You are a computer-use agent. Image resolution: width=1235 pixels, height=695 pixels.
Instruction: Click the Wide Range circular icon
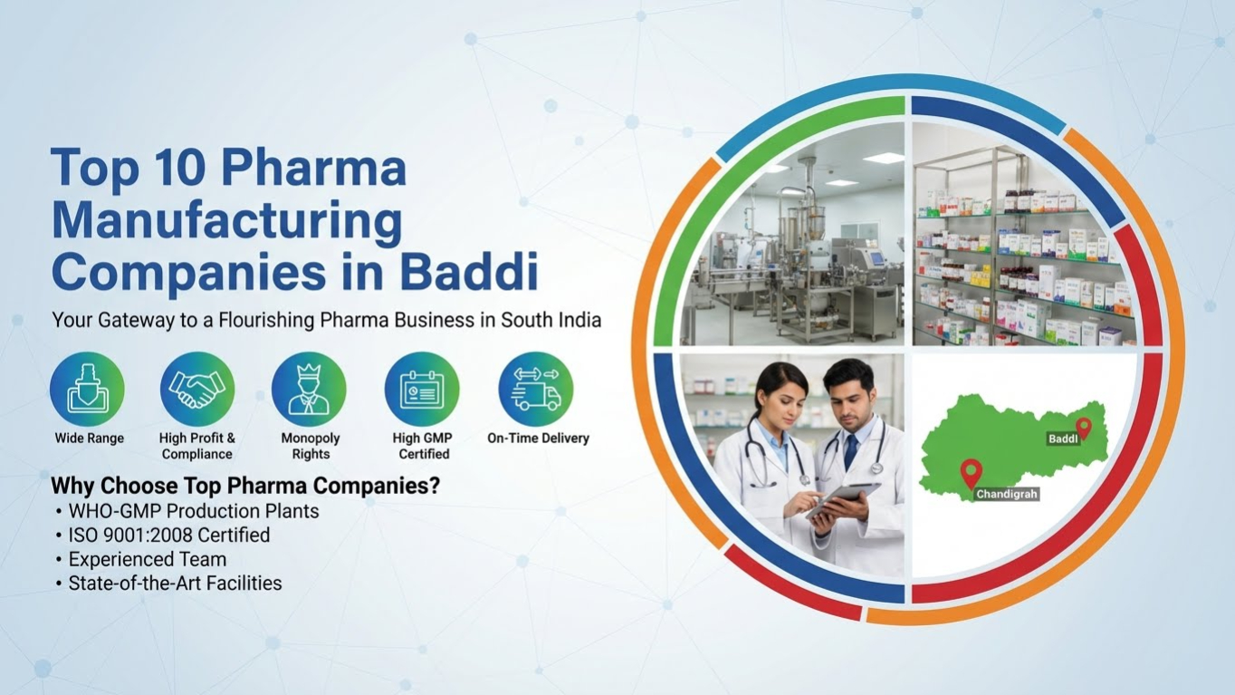pyautogui.click(x=88, y=390)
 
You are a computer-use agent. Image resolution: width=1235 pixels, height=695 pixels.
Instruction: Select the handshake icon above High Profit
pyautogui.click(x=197, y=390)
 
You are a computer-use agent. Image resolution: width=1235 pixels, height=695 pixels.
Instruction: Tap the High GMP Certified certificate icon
pyautogui.click(x=422, y=390)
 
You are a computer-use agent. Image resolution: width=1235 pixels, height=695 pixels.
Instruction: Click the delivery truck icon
pyautogui.click(x=537, y=390)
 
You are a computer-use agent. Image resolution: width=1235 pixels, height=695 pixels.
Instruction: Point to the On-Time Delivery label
pyautogui.click(x=538, y=439)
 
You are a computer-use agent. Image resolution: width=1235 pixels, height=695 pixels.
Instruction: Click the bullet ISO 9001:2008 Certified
pyautogui.click(x=169, y=536)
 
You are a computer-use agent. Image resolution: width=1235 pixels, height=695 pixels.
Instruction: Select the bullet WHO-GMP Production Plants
pyautogui.click(x=194, y=511)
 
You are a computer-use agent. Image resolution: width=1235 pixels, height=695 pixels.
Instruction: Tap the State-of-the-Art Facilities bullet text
pyautogui.click(x=175, y=584)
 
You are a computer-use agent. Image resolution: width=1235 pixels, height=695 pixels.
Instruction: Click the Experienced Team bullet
pyautogui.click(x=148, y=559)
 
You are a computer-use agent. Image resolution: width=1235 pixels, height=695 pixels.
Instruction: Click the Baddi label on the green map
pyautogui.click(x=1062, y=439)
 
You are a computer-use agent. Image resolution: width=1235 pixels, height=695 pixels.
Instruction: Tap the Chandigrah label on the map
pyautogui.click(x=1007, y=495)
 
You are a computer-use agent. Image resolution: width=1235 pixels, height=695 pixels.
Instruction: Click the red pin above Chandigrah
pyautogui.click(x=971, y=472)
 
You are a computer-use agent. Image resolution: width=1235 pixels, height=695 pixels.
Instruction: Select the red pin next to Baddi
pyautogui.click(x=1083, y=427)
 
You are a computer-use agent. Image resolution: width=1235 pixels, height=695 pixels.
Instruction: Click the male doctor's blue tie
pyautogui.click(x=850, y=452)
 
